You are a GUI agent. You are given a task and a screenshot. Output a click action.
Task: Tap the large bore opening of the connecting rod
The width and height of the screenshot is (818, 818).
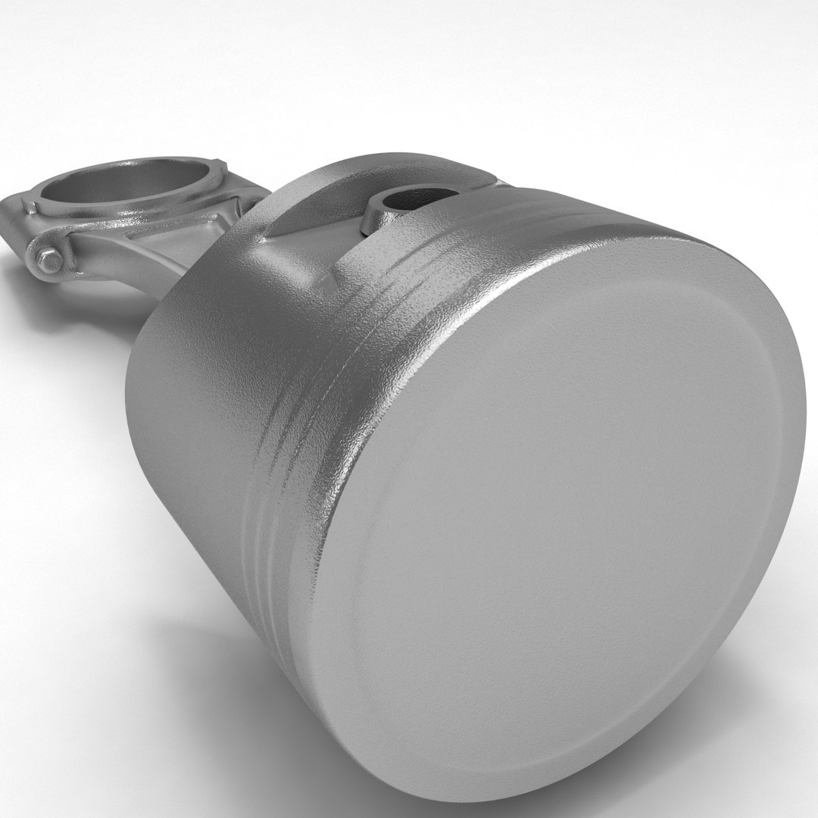(129, 182)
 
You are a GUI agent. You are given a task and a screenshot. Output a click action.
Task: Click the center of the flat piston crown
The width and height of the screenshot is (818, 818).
(560, 500)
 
